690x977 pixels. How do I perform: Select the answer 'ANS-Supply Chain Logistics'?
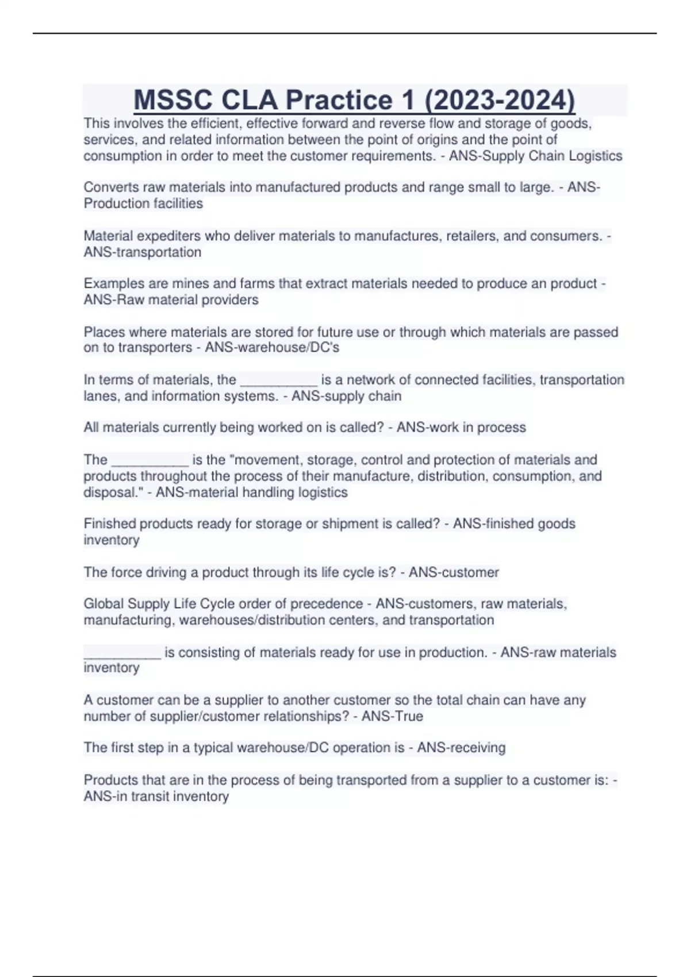pyautogui.click(x=535, y=156)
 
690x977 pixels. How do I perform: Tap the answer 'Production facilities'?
pyautogui.click(x=143, y=203)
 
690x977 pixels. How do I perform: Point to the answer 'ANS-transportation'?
pyautogui.click(x=143, y=252)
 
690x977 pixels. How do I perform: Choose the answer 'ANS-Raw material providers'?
pyautogui.click(x=171, y=299)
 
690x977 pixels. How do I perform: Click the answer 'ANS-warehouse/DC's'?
pyautogui.click(x=272, y=347)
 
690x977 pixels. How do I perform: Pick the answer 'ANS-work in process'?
pyautogui.click(x=461, y=427)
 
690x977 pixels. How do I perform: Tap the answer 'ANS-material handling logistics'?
pyautogui.click(x=251, y=492)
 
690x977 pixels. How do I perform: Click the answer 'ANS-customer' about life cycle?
pyautogui.click(x=454, y=572)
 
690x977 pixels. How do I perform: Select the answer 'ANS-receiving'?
pyautogui.click(x=461, y=747)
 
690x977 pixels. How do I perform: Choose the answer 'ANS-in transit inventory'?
pyautogui.click(x=156, y=796)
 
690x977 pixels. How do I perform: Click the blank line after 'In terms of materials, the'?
pyautogui.click(x=278, y=380)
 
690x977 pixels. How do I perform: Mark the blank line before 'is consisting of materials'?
pyautogui.click(x=122, y=653)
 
